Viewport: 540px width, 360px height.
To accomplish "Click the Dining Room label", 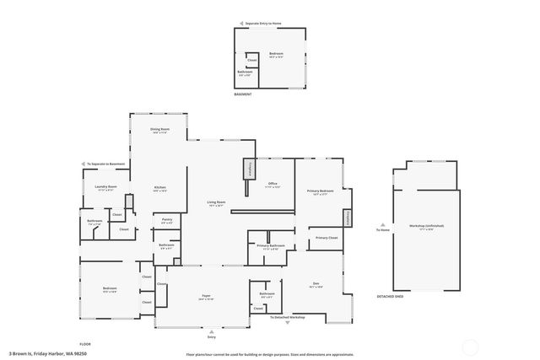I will point(160,129).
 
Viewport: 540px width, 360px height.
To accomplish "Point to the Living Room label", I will point(217,201).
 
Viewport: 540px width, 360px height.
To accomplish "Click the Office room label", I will point(273,183).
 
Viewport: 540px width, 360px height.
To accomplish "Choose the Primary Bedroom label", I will point(321,191).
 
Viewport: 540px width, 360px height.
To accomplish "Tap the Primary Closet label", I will point(327,239).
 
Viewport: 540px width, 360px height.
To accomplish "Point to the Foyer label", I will point(206,296).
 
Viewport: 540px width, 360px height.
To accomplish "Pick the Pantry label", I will point(167,219).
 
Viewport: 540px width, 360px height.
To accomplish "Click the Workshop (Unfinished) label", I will point(427,226).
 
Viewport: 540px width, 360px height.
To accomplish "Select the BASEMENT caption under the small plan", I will point(243,94).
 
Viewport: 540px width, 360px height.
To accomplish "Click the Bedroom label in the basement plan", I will point(276,53).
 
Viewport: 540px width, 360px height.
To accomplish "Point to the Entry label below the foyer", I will point(200,336).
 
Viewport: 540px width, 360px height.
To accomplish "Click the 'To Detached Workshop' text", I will point(287,317).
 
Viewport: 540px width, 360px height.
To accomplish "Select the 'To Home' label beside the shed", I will point(382,230).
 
